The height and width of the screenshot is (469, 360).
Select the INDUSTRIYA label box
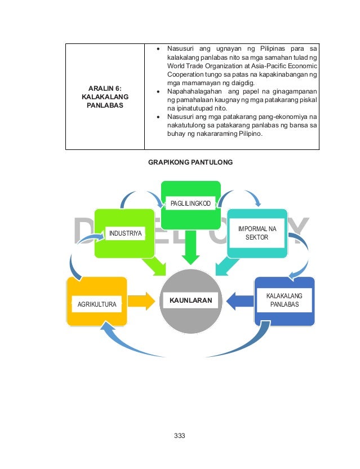point(126,233)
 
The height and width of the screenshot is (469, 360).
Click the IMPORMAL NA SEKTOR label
point(257,233)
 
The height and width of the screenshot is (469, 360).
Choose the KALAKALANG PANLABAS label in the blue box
point(284,300)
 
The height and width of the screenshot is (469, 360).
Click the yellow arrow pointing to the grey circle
point(143,301)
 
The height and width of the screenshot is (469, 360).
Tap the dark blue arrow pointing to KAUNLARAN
point(239,301)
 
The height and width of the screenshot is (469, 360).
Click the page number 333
point(180,435)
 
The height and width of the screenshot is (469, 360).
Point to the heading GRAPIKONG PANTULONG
point(190,162)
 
